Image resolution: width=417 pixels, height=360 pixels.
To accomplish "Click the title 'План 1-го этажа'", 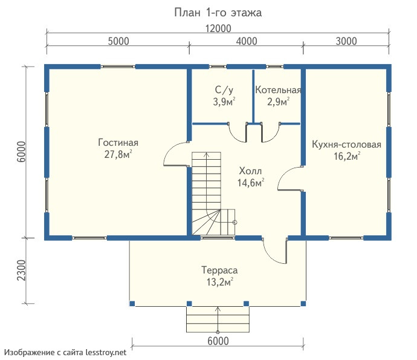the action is (218, 13).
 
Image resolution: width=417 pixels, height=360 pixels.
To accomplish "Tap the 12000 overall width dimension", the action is (218, 28).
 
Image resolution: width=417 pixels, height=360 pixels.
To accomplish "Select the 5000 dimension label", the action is (118, 41).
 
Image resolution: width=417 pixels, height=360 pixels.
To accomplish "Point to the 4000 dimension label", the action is (247, 41).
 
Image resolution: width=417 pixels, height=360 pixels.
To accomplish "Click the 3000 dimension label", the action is (346, 41).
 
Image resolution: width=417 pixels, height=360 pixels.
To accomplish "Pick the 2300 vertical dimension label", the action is (22, 270).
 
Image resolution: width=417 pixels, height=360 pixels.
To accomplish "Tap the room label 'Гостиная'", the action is (118, 142).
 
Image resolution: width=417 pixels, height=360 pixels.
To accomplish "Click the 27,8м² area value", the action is (118, 154).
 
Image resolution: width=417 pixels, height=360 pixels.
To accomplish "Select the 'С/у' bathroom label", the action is (224, 90).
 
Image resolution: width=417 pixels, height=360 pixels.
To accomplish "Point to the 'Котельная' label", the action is (278, 90).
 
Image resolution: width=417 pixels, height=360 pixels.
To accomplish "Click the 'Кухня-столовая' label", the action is (346, 145).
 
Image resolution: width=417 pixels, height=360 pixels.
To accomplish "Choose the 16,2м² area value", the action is (347, 156).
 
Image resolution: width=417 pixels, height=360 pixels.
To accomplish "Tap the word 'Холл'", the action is (250, 171).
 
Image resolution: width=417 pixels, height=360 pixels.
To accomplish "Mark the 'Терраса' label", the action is (219, 270).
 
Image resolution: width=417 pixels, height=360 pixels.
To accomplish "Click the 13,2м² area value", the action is (220, 282).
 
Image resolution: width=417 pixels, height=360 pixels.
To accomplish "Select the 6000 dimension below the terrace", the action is (218, 341).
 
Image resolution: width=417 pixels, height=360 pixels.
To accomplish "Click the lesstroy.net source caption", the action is (65, 353).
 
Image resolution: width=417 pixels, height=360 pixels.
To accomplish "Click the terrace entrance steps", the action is (218, 319).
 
